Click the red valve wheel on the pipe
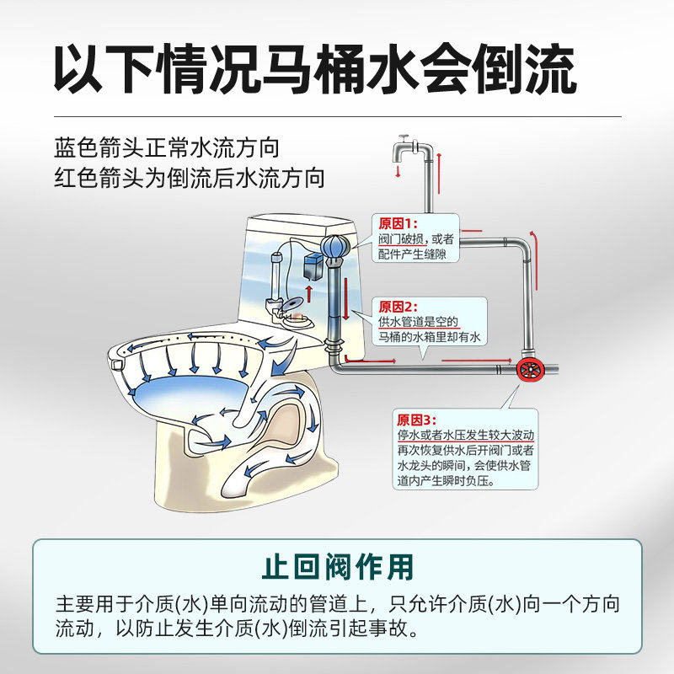click(530, 370)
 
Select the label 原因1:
click(398, 224)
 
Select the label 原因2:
click(398, 307)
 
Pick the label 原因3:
click(415, 420)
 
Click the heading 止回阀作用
click(337, 565)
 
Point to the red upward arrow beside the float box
click(309, 294)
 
